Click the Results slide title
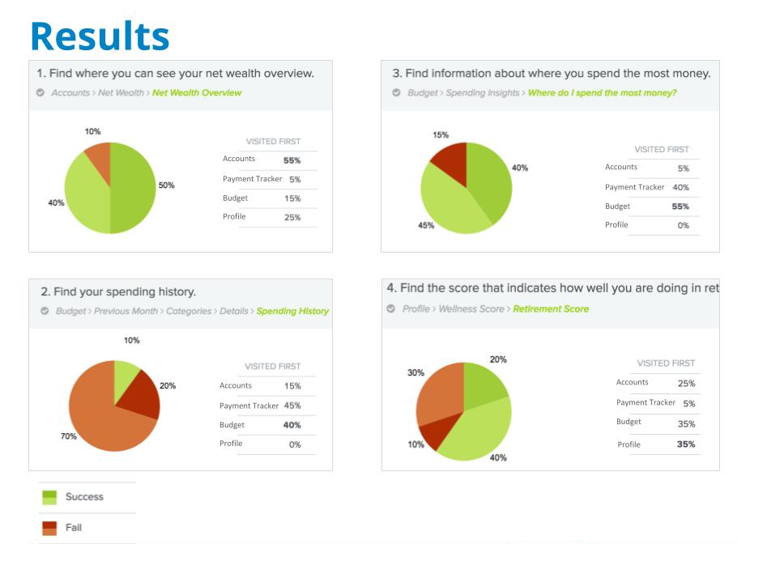pyautogui.click(x=100, y=36)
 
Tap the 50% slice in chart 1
pyautogui.click(x=132, y=188)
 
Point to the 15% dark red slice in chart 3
pyautogui.click(x=451, y=159)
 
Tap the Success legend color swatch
pyautogui.click(x=49, y=497)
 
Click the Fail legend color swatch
pyautogui.click(x=49, y=528)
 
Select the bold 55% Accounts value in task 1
pyautogui.click(x=292, y=160)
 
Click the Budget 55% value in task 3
pyautogui.click(x=680, y=206)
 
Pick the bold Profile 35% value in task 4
pyautogui.click(x=685, y=444)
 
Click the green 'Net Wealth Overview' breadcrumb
pyautogui.click(x=197, y=93)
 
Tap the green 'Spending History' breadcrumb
pyautogui.click(x=292, y=312)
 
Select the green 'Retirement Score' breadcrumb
pyautogui.click(x=551, y=309)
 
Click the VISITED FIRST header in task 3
pyautogui.click(x=662, y=150)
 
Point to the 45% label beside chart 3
pyautogui.click(x=425, y=226)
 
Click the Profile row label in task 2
pyautogui.click(x=231, y=444)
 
